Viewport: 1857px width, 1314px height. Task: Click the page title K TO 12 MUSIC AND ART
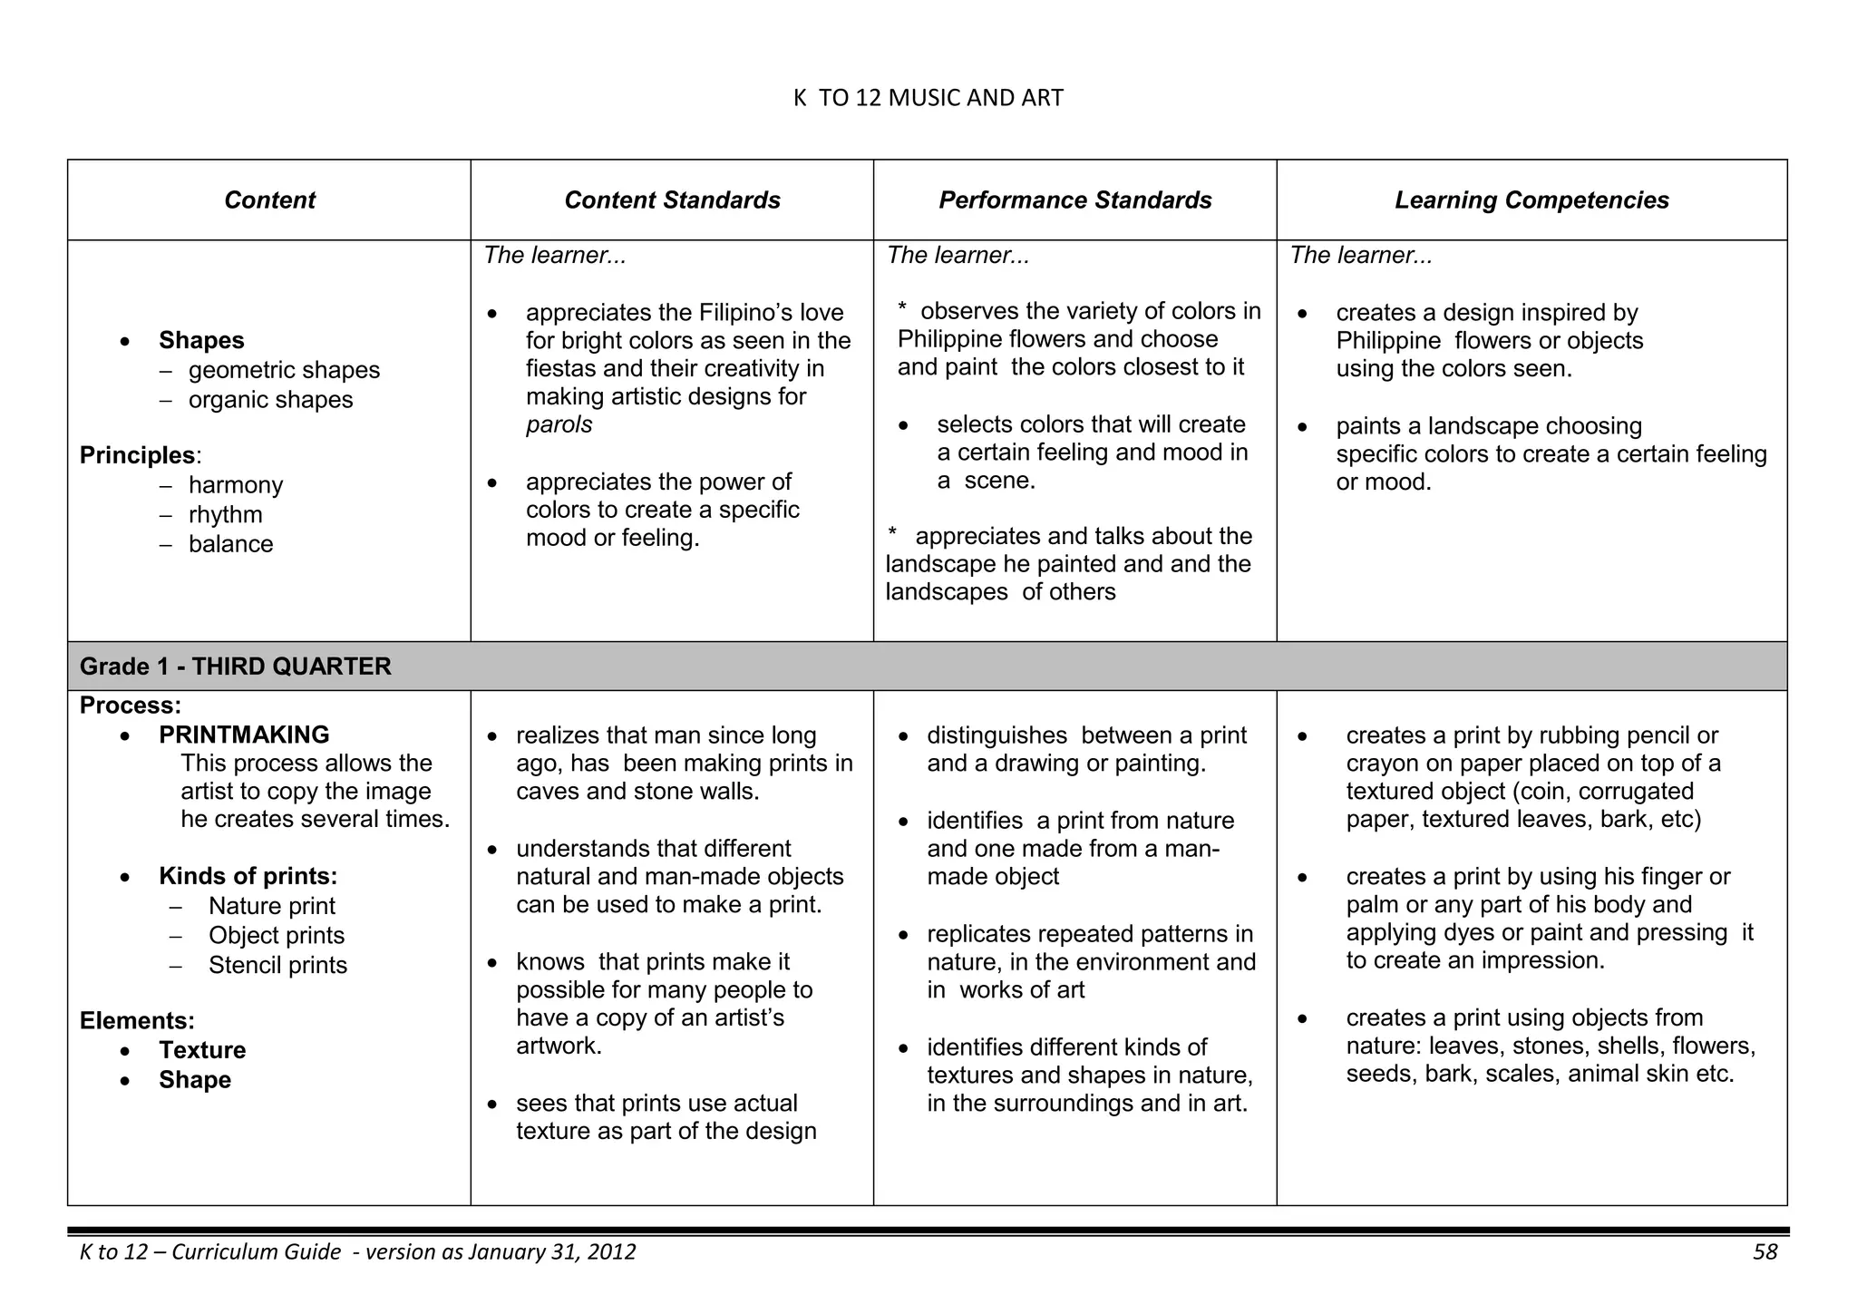[x=928, y=98]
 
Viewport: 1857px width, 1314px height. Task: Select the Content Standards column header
[x=672, y=200]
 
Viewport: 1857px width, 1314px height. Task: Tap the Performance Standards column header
[x=1074, y=200]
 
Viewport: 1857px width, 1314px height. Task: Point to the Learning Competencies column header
[x=1531, y=200]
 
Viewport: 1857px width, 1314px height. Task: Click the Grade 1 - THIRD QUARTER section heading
[x=236, y=667]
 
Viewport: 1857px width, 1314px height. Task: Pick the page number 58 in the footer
[x=1765, y=1252]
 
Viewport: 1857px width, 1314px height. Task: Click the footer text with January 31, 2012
[x=358, y=1252]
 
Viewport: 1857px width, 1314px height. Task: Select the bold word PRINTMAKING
[x=244, y=735]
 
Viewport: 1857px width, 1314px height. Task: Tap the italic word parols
[x=559, y=425]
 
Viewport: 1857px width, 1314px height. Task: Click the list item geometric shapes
[x=284, y=371]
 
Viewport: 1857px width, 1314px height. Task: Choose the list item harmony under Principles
[x=236, y=485]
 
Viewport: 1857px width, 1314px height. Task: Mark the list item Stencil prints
[x=277, y=965]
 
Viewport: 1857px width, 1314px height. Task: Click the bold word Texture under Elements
[x=202, y=1050]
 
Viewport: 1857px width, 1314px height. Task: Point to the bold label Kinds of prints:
[x=248, y=876]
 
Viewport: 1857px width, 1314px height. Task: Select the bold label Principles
[x=138, y=455]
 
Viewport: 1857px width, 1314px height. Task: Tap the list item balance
[x=230, y=544]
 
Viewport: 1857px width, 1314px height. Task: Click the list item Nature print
[x=271, y=906]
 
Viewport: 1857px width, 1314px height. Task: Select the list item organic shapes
[x=270, y=400]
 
